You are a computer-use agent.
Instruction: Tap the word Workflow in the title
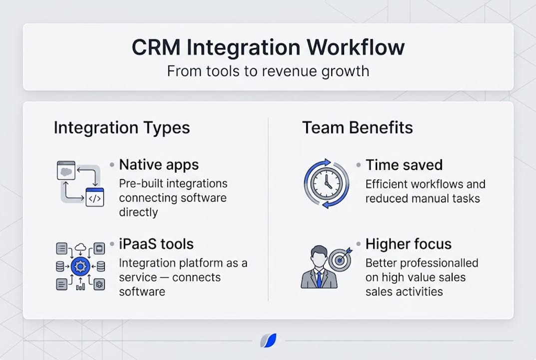coord(356,47)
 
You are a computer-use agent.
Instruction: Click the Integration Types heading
coord(121,128)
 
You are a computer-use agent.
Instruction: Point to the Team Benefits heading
coord(357,128)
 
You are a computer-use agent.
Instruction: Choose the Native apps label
coord(159,164)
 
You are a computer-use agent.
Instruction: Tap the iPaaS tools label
coord(156,244)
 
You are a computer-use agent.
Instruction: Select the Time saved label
coord(404,164)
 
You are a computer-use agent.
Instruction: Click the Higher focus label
coord(408,244)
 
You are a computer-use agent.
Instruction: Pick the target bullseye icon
coord(340,260)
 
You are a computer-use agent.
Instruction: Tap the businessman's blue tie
coord(319,278)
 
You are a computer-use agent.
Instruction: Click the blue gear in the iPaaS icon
coord(80,266)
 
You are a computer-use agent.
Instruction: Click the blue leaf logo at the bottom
coord(268,340)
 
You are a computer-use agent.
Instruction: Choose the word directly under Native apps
coord(138,212)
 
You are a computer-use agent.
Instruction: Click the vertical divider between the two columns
coord(268,210)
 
